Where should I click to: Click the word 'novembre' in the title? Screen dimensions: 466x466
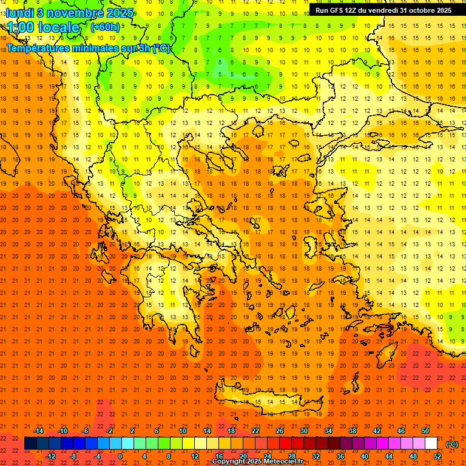click(67, 12)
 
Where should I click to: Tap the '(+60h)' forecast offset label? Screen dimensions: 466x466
click(105, 27)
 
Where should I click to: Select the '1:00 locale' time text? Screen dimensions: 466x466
click(44, 27)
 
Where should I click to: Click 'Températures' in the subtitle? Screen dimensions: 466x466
click(39, 49)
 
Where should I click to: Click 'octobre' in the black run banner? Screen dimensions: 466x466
click(414, 10)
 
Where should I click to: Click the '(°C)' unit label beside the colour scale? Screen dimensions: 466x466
click(452, 444)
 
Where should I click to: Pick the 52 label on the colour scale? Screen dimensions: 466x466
click(437, 456)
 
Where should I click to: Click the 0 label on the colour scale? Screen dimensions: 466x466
click(120, 456)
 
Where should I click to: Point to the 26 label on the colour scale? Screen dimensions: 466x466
click(280, 431)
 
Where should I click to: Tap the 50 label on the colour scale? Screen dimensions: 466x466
click(425, 431)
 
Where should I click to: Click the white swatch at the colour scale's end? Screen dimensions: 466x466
click(431, 444)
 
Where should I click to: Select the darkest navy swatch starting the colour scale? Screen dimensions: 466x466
click(30, 444)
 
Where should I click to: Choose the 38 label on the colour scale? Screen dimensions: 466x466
click(353, 431)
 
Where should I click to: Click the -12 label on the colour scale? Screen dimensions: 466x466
click(50, 456)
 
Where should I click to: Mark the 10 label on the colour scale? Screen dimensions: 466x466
click(183, 431)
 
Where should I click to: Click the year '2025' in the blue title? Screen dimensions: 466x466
click(112, 12)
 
